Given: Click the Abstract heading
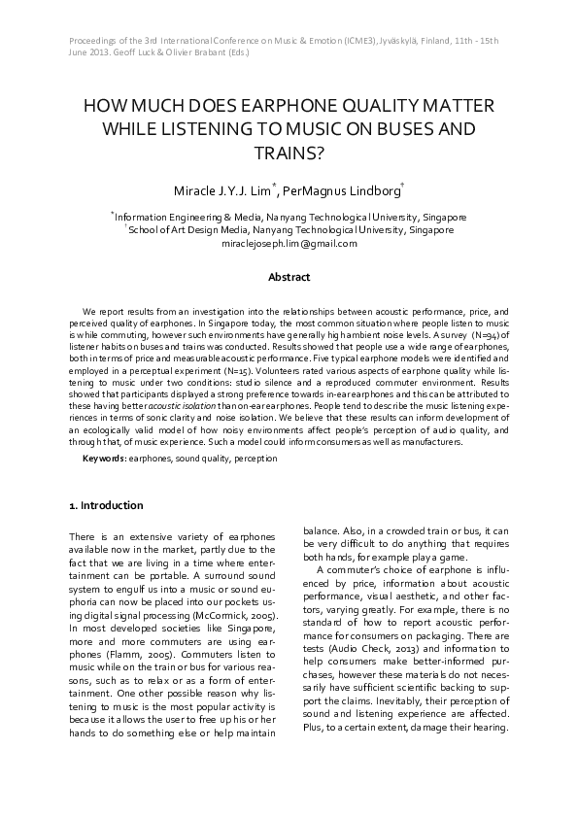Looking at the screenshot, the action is [289, 277].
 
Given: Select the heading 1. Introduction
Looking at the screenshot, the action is [106, 505].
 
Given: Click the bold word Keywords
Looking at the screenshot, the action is [103, 458].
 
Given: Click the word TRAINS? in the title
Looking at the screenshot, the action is [289, 152].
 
